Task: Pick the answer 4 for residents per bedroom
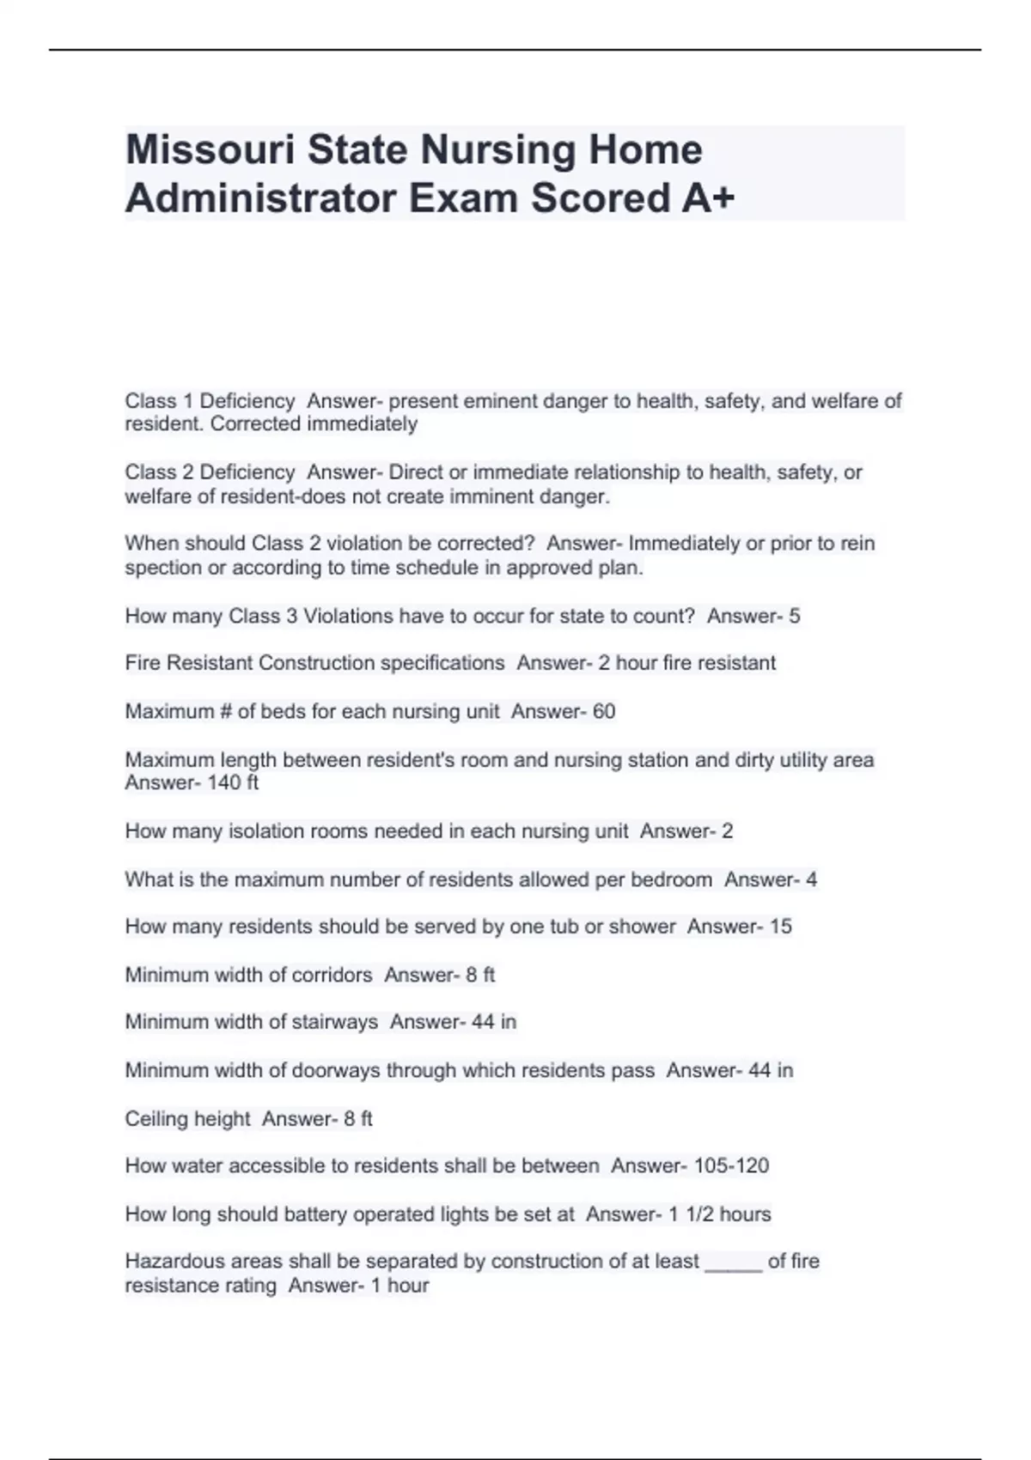click(x=811, y=879)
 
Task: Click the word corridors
click(x=332, y=975)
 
